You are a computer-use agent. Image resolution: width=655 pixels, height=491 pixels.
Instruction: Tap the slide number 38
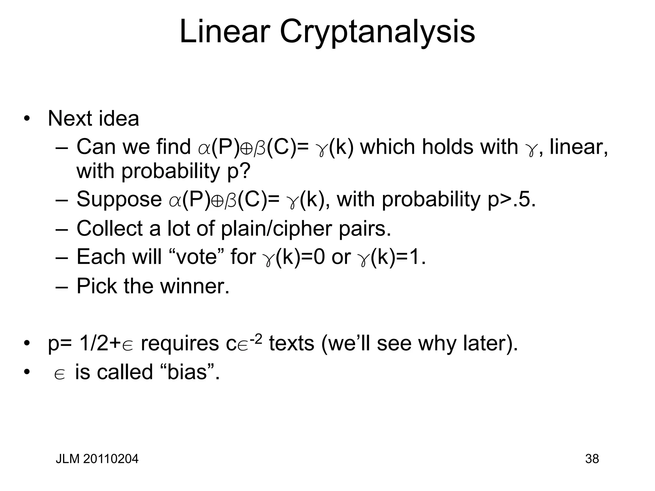592,459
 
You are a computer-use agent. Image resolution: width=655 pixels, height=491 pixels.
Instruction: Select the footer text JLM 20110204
97,459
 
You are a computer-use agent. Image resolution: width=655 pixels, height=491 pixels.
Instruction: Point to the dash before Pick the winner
61,286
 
